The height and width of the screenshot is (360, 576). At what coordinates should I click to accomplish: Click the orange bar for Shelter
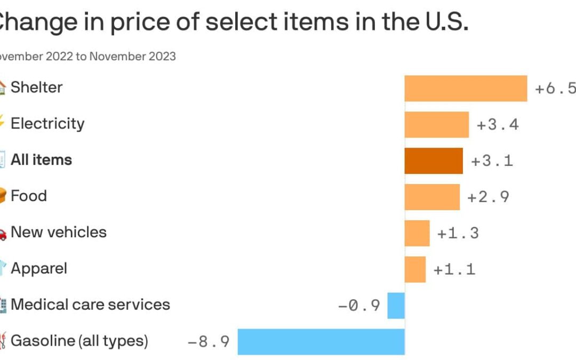click(x=466, y=88)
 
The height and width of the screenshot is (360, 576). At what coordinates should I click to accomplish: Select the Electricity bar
click(x=436, y=124)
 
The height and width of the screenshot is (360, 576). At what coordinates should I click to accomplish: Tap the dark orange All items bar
click(x=434, y=161)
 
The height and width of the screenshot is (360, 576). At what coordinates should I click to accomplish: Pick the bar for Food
click(x=432, y=197)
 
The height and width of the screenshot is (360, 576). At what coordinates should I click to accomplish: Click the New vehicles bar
click(x=417, y=233)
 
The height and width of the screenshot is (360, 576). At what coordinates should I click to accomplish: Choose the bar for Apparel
click(x=415, y=269)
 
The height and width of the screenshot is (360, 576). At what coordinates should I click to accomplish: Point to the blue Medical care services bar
click(x=396, y=306)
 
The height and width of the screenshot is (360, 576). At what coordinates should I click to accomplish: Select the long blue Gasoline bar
click(x=321, y=341)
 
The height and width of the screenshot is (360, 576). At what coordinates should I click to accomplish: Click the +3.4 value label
click(x=497, y=125)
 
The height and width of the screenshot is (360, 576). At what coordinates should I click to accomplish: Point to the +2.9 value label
click(x=488, y=197)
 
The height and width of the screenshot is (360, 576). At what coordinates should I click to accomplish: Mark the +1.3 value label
click(x=458, y=234)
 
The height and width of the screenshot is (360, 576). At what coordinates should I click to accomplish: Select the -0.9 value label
click(x=359, y=306)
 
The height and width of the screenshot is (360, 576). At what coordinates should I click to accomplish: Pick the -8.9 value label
click(x=209, y=342)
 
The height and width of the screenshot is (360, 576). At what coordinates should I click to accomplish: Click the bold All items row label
click(x=41, y=160)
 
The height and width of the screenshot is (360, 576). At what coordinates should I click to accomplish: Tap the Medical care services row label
click(x=90, y=305)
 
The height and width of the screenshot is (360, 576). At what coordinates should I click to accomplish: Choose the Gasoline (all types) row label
click(x=79, y=341)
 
